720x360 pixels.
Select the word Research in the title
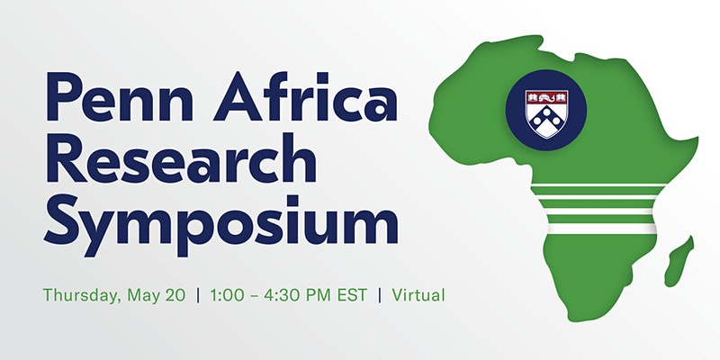180,161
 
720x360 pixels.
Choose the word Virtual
417,294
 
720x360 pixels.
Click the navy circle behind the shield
522,126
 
